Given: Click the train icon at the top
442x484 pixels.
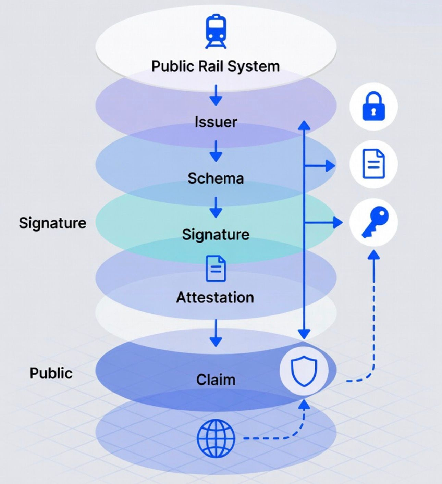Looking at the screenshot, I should pyautogui.click(x=216, y=31).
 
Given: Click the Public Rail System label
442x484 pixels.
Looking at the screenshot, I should pyautogui.click(x=216, y=66).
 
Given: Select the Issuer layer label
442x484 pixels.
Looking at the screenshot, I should pyautogui.click(x=216, y=122).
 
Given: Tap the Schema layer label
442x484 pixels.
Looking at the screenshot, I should pyautogui.click(x=216, y=178).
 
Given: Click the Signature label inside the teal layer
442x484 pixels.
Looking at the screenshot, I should pyautogui.click(x=216, y=235).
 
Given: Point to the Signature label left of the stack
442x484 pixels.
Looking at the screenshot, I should pyautogui.click(x=52, y=223).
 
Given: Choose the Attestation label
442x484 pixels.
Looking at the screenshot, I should pyautogui.click(x=215, y=297).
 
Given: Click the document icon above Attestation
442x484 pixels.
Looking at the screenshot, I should pyautogui.click(x=216, y=269).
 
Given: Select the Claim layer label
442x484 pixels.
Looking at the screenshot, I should pyautogui.click(x=216, y=380).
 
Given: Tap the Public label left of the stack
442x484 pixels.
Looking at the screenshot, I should pyautogui.click(x=51, y=373).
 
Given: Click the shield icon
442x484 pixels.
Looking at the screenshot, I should pyautogui.click(x=304, y=371).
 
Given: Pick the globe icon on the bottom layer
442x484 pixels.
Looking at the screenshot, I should pyautogui.click(x=216, y=438).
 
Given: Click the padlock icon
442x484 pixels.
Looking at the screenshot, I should pyautogui.click(x=373, y=106).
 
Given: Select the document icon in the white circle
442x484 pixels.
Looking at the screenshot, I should pyautogui.click(x=373, y=164).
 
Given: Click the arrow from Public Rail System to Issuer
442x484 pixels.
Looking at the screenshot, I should pyautogui.click(x=216, y=95).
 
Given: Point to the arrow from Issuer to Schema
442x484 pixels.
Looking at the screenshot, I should pyautogui.click(x=216, y=151).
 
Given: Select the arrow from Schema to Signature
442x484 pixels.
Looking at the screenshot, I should pyautogui.click(x=216, y=208).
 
